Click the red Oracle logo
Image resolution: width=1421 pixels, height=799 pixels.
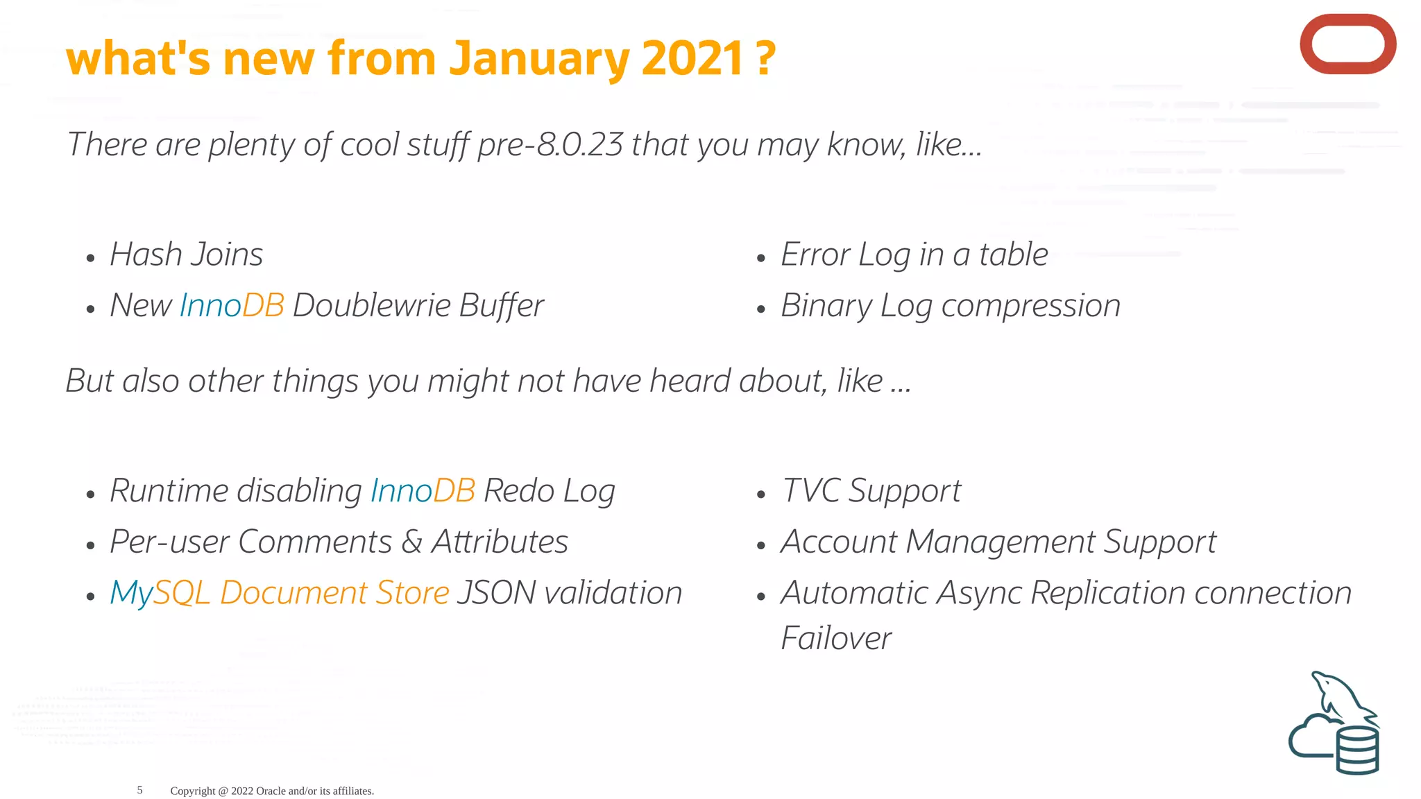1347,44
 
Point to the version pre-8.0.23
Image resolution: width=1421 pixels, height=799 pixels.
550,144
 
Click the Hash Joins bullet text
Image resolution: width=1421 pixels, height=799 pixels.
186,255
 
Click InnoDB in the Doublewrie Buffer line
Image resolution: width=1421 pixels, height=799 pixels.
232,306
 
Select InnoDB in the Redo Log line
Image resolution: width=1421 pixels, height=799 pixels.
423,491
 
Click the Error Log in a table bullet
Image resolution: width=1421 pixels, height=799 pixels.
914,255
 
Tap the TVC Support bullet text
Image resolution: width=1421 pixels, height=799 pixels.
871,491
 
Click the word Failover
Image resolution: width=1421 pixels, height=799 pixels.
835,638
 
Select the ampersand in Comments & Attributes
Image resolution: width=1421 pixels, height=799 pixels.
411,542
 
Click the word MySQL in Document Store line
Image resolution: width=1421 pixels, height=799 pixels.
160,594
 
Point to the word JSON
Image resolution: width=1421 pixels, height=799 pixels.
496,593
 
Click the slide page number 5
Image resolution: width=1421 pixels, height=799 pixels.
139,790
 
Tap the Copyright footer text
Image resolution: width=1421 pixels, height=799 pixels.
272,791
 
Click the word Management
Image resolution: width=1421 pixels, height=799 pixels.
1001,542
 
